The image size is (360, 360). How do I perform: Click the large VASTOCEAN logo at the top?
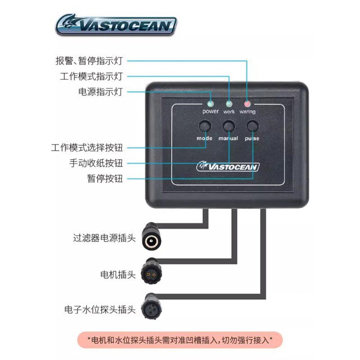pos(116,24)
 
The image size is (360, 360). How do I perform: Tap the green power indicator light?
pos(210,104)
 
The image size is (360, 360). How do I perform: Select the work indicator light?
pos(229,104)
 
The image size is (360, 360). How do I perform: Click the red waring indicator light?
pos(247,104)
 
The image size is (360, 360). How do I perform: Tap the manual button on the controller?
pos(229,126)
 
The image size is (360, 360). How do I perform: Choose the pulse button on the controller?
pos(252,126)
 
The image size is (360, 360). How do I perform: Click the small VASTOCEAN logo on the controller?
pos(228,166)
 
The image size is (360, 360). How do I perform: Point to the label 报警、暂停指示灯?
pos(89,61)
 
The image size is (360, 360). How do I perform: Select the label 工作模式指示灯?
pos(91,76)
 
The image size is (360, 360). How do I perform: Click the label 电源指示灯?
pos(100,91)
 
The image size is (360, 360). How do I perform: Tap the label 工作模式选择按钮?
pos(87,148)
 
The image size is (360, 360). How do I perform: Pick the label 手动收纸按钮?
pos(96,163)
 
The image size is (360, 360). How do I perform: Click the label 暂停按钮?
pos(105,179)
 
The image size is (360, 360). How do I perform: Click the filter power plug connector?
pos(151,237)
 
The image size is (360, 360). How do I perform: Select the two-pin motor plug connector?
pos(151,272)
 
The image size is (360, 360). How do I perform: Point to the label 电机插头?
pos(118,275)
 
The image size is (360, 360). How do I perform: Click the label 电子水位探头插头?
pos(100,310)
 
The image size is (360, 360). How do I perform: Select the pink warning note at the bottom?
pos(180,340)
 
